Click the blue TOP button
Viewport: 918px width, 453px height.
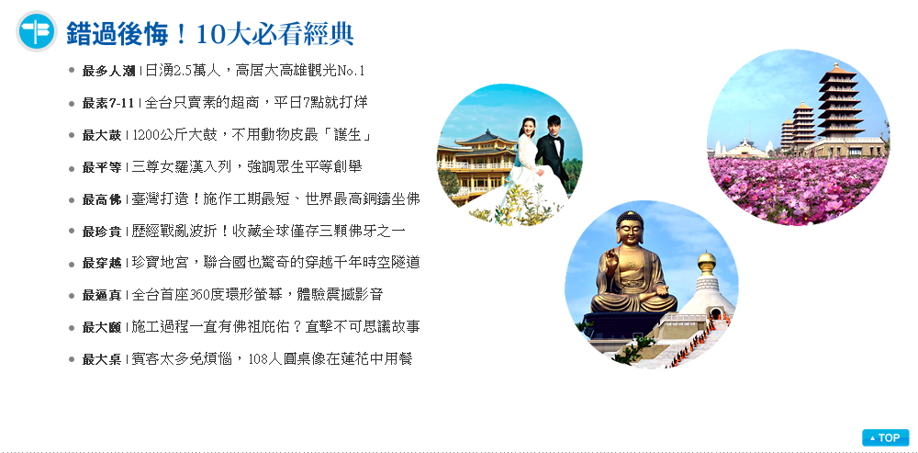885,437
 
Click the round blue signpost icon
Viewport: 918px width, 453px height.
37,31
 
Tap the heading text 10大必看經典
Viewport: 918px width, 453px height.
274,34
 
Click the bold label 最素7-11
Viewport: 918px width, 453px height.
108,104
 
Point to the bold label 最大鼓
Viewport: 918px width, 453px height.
102,135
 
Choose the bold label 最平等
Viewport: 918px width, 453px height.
102,167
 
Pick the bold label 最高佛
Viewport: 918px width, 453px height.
102,199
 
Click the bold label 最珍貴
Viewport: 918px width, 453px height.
102,232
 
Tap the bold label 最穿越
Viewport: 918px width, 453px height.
102,264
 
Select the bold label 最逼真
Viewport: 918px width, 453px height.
102,295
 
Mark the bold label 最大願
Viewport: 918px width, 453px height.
102,328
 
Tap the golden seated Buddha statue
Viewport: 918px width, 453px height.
633,264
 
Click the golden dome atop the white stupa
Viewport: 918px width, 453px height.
707,262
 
